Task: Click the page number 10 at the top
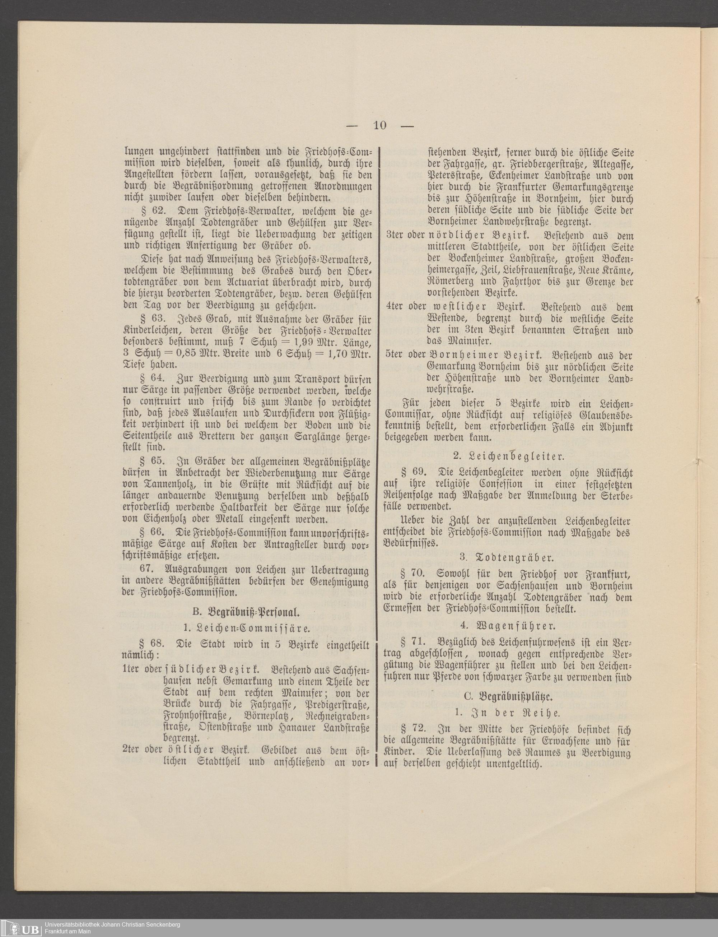pyautogui.click(x=379, y=125)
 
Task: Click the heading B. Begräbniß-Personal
pyautogui.click(x=245, y=612)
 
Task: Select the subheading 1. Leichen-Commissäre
pyautogui.click(x=246, y=628)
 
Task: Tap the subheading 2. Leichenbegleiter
pyautogui.click(x=508, y=456)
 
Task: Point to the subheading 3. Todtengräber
pyautogui.click(x=507, y=558)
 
